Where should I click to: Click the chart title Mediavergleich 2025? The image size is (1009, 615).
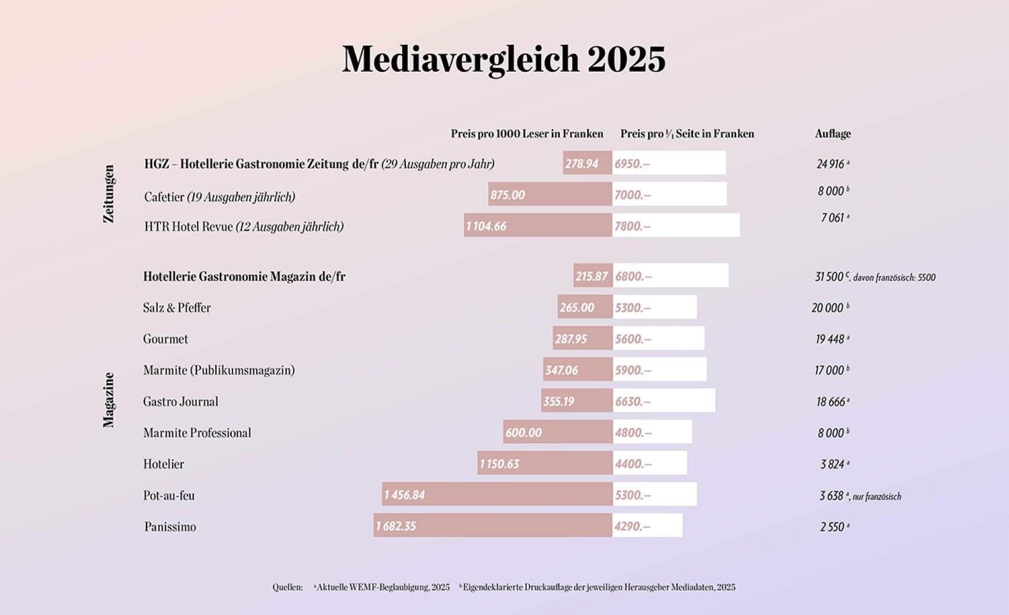coord(503,59)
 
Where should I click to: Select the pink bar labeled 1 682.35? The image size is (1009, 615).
coord(493,526)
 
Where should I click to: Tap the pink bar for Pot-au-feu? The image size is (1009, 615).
coord(497,494)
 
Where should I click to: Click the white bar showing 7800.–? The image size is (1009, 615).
coord(676,225)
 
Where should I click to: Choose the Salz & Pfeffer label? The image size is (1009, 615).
coord(177,308)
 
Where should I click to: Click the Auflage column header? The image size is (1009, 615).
coord(832,134)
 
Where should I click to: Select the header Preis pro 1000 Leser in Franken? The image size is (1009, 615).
coord(527,134)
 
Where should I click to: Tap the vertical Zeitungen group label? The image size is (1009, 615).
coord(109,194)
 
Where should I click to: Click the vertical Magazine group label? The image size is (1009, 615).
coord(109,400)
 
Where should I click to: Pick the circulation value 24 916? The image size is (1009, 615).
coord(831,164)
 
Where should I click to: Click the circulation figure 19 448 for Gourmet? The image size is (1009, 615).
coord(830,339)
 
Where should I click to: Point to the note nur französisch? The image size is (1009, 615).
coord(877,497)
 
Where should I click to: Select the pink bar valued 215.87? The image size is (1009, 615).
coord(592,276)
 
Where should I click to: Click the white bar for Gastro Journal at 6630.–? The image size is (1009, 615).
coord(664,401)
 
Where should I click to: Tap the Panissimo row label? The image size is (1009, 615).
coord(170,527)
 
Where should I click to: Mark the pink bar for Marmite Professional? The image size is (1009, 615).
coord(557,432)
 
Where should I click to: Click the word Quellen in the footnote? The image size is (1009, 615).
coord(288,587)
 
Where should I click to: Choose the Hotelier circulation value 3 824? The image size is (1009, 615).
coord(832,464)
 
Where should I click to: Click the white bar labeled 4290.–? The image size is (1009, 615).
coord(647,526)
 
